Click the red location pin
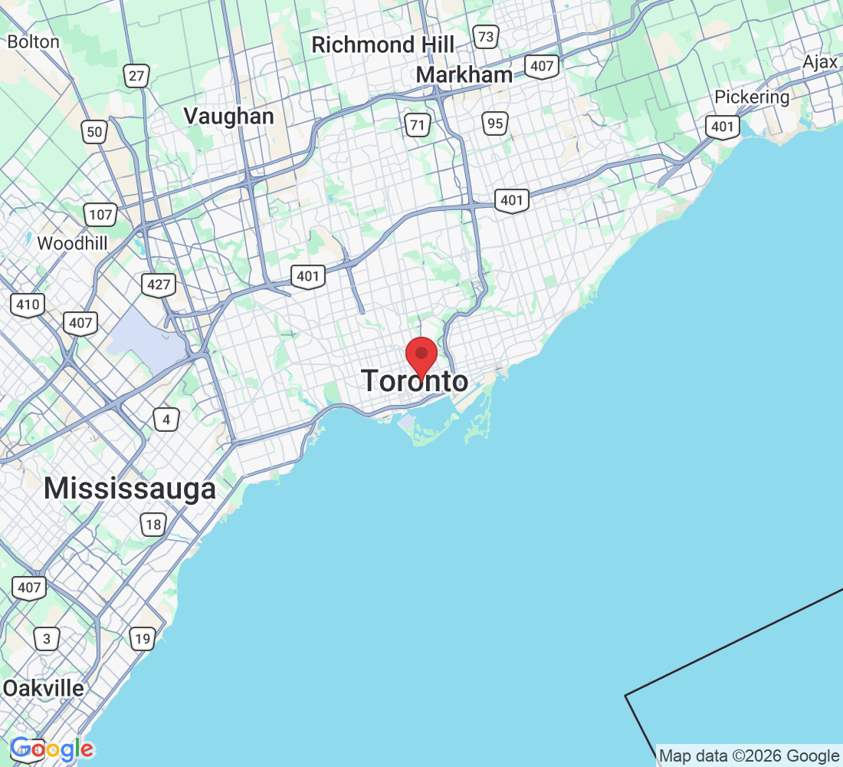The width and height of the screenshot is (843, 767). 421,355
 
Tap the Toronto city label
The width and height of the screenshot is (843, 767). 415,381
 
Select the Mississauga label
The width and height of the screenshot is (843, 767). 130,489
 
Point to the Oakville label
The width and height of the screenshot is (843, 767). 43,688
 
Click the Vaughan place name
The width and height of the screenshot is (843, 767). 228,116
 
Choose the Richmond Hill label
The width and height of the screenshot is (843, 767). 382,44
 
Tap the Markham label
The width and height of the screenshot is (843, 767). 464,75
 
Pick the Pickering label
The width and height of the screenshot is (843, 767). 752,97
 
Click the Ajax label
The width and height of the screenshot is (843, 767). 820,62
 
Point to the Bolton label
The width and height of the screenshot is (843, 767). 33,41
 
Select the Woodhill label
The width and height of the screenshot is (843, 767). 73,243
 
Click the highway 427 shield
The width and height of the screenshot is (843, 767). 159,285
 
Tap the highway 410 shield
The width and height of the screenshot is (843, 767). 28,304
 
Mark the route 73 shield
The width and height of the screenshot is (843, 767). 486,36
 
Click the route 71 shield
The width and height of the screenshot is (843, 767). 418,125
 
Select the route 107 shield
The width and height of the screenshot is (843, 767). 100,215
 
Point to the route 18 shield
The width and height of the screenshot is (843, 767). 153,525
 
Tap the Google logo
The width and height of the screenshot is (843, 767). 52,749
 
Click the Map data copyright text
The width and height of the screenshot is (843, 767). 750,756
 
